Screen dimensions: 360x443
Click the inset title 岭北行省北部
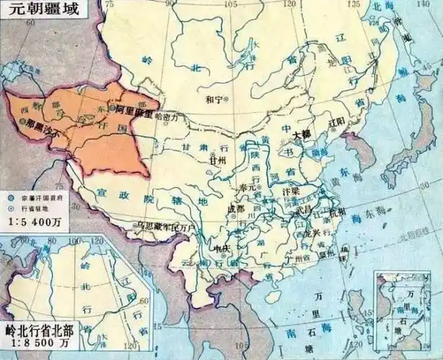[x=40, y=330]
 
